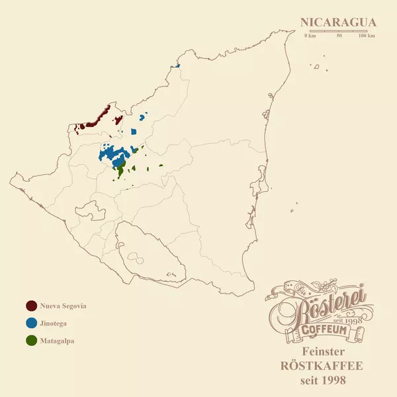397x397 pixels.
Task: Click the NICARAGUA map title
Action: pos(338,22)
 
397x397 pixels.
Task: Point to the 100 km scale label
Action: pos(367,36)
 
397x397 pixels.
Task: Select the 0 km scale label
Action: pos(310,36)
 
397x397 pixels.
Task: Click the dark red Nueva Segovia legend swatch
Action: pos(31,306)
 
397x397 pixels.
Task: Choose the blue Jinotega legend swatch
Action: pos(31,324)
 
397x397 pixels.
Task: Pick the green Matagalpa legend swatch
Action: pos(31,341)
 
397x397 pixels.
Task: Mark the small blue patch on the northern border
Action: pos(177,66)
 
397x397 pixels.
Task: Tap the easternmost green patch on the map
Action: pos(160,167)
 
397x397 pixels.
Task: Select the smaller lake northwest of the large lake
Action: pos(91,211)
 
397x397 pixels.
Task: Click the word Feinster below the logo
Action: pos(322,351)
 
